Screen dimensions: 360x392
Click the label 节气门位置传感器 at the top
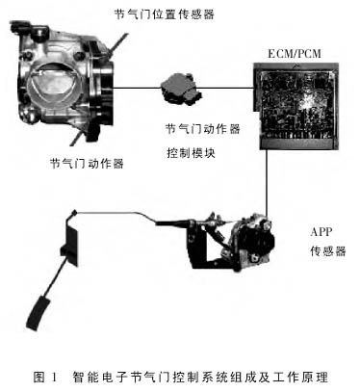pyautogui.click(x=164, y=14)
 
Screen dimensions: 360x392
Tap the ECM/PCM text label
pyautogui.click(x=295, y=53)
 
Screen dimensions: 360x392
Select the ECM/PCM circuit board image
pyautogui.click(x=296, y=106)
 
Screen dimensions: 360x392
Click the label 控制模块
pyautogui.click(x=191, y=153)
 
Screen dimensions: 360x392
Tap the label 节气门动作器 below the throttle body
pyautogui.click(x=87, y=164)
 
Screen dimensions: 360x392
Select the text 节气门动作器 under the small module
pyautogui.click(x=202, y=129)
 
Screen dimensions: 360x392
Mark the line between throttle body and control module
pyautogui.click(x=137, y=88)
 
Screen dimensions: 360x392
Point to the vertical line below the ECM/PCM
pyautogui.click(x=267, y=182)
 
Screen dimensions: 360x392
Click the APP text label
pyautogui.click(x=321, y=231)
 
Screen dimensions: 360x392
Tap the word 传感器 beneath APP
pyautogui.click(x=328, y=250)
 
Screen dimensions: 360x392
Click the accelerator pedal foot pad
pyautogui.click(x=39, y=313)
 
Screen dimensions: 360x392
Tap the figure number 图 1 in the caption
pyautogui.click(x=45, y=377)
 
